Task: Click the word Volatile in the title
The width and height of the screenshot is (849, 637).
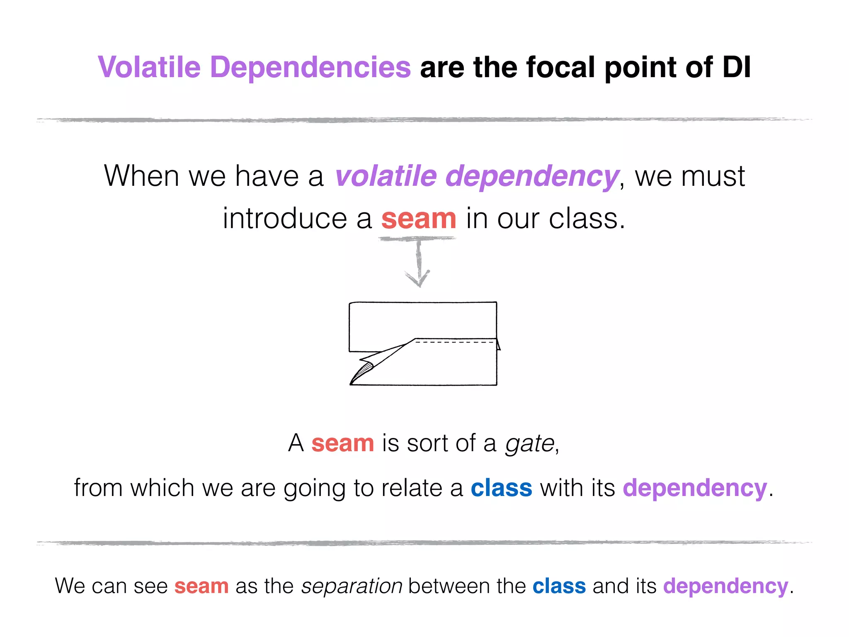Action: click(x=149, y=67)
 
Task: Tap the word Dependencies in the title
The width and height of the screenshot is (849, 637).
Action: click(x=310, y=67)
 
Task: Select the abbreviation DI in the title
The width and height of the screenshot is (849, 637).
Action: click(x=736, y=67)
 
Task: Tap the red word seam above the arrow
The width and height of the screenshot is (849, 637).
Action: click(x=419, y=219)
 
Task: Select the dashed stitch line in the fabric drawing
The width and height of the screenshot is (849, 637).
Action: click(x=454, y=343)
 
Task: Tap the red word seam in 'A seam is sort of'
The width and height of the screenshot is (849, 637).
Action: click(x=342, y=443)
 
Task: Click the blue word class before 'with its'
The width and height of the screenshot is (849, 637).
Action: click(x=501, y=488)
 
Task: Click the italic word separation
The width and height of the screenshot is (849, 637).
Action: click(x=352, y=586)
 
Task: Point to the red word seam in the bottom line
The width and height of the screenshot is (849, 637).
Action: click(x=201, y=586)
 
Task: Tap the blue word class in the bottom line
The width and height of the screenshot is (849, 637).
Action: click(x=559, y=586)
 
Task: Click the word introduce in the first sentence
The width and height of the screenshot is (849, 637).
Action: click(x=285, y=219)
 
